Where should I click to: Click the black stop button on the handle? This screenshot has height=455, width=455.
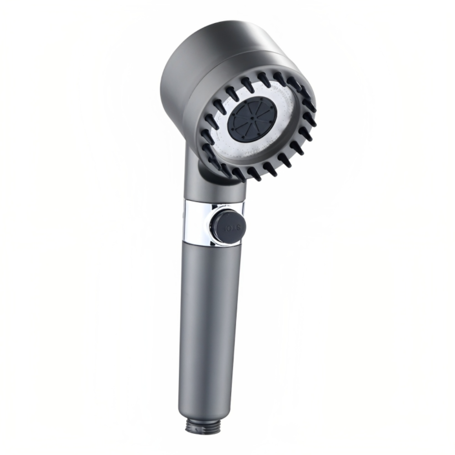(228, 225)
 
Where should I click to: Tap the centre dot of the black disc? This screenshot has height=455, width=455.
(252, 119)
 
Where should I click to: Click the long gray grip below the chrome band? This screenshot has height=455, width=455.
(207, 318)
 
